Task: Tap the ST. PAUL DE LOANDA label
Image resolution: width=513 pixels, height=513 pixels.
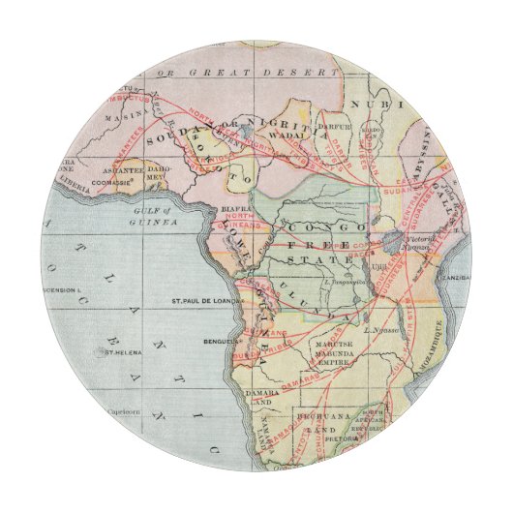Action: (208, 300)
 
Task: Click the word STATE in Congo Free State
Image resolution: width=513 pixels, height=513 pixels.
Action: (327, 261)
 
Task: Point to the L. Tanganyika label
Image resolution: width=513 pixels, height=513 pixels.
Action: (347, 282)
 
